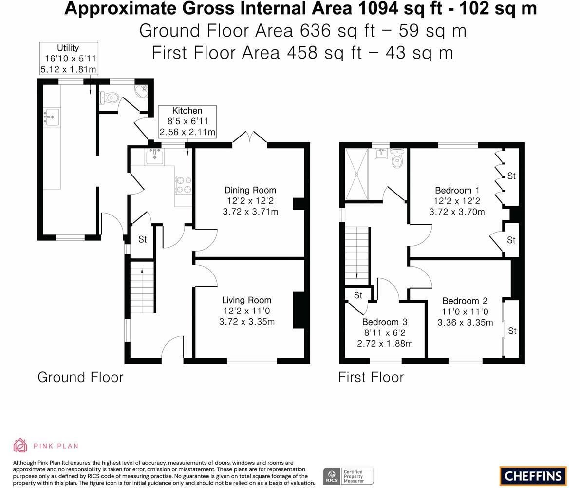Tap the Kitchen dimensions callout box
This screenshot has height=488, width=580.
pos(187,121)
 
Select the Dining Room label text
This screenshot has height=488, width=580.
pos(250,190)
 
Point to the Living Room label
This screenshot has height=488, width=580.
pos(246,300)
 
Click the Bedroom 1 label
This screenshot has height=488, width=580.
pos(453,190)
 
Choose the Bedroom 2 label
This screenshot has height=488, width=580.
pos(465,301)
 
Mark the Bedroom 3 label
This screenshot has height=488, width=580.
pos(384,322)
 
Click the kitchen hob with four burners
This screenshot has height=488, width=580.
pos(183,185)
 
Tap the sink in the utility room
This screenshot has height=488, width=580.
pos(51,117)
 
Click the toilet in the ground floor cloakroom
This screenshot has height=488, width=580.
pos(109,98)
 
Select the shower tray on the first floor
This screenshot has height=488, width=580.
pos(357,174)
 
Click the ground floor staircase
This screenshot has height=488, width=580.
pos(142,287)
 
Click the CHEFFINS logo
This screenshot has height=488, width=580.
pos(533,476)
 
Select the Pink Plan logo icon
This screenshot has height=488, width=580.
pos(20,446)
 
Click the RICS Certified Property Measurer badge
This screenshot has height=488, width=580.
pos(348,476)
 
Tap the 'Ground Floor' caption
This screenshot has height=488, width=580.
pos(80,377)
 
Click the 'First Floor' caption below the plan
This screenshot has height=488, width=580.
pos(371,377)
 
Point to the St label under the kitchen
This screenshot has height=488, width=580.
pos(142,239)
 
